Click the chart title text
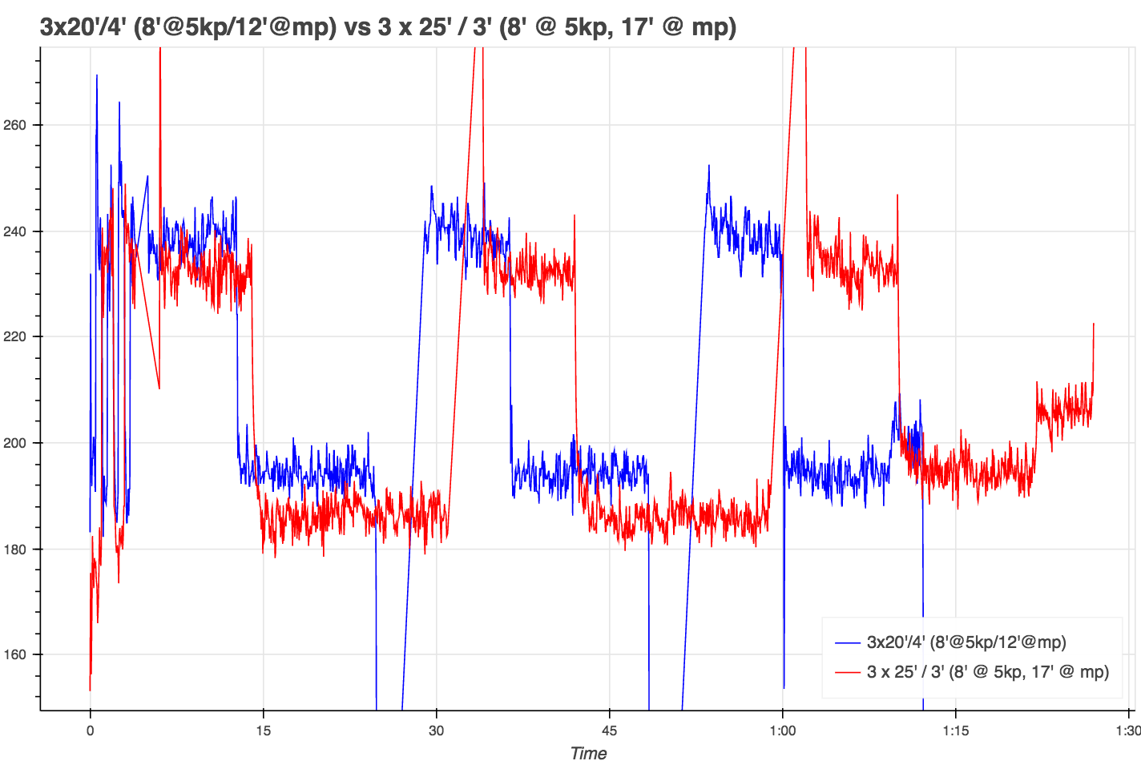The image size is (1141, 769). click(x=388, y=26)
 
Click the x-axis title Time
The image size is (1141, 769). click(x=588, y=753)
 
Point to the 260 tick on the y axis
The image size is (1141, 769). click(x=15, y=125)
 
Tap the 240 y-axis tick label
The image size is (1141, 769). click(x=15, y=232)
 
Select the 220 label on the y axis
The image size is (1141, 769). click(x=15, y=337)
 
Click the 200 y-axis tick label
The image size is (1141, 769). click(x=15, y=443)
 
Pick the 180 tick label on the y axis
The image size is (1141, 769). click(x=15, y=550)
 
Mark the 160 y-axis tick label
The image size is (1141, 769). click(x=15, y=654)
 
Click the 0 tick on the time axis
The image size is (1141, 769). click(x=91, y=730)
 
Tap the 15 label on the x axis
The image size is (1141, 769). click(x=263, y=730)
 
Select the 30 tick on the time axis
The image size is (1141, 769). click(x=436, y=730)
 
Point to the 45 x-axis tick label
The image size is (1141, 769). click(x=609, y=730)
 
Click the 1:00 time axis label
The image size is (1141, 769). click(x=783, y=730)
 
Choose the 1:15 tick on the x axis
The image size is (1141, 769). click(x=955, y=730)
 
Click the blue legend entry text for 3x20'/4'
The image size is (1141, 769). click(x=966, y=642)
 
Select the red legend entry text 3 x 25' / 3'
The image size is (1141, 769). click(x=987, y=671)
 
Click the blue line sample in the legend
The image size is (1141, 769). click(x=848, y=642)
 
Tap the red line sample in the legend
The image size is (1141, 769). click(x=848, y=672)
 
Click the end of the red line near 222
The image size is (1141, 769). click(x=1093, y=324)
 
